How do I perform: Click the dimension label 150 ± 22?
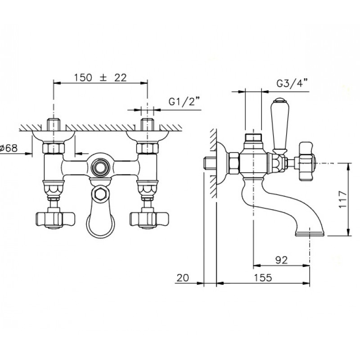(x=100, y=77)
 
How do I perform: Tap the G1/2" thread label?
(x=184, y=101)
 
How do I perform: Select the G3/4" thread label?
(x=292, y=83)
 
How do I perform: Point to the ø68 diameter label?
(x=9, y=148)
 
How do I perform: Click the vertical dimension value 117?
(x=343, y=199)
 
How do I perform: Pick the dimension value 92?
(x=282, y=260)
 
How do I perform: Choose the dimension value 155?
(x=263, y=278)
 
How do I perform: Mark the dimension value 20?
(x=183, y=278)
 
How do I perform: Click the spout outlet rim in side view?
(x=310, y=234)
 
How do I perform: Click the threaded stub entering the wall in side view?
(x=210, y=163)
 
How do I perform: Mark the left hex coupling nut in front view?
(x=54, y=148)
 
